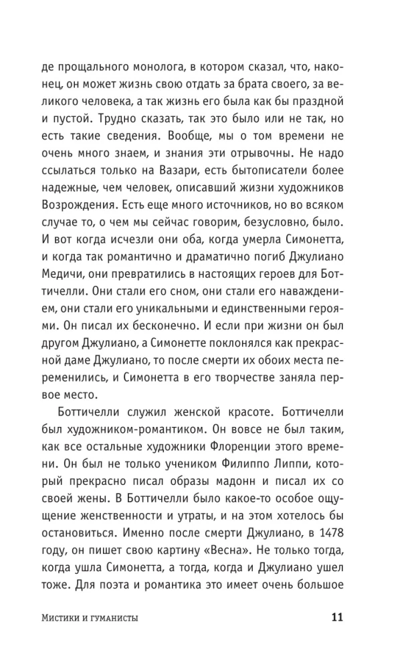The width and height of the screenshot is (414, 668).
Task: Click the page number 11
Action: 338,617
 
